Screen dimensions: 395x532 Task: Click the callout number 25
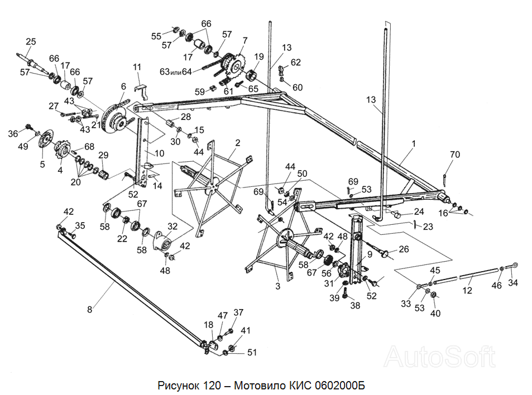click(x=31, y=41)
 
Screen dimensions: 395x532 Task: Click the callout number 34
click(x=513, y=282)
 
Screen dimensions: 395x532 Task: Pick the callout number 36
click(x=13, y=134)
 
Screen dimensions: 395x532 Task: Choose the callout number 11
click(x=137, y=68)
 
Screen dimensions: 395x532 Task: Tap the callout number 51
click(x=252, y=353)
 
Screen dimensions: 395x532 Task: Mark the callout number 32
click(x=172, y=227)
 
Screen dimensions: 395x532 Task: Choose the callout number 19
click(x=259, y=57)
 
